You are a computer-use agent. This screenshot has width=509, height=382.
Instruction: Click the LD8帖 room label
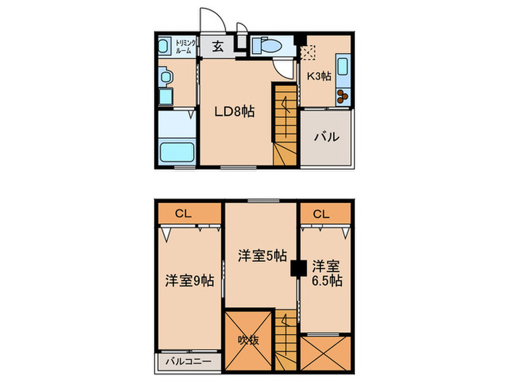(233, 112)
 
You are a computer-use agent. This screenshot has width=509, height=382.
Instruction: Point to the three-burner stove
(342, 95)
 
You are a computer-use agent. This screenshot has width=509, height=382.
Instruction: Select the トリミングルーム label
(184, 47)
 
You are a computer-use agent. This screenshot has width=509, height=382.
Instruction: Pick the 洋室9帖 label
(189, 279)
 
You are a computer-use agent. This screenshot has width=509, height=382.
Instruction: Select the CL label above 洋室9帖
(183, 214)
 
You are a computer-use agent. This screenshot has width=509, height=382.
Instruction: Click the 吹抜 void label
(248, 340)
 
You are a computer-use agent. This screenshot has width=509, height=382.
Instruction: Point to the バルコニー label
(187, 362)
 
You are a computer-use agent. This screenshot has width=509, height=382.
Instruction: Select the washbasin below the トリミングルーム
(167, 76)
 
